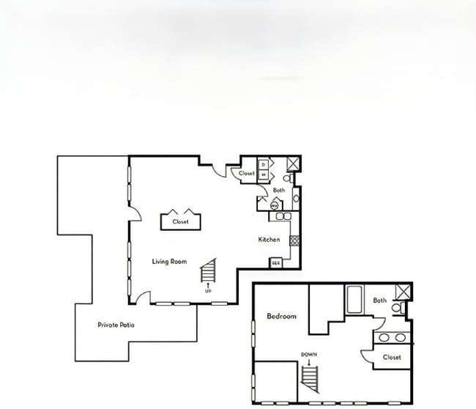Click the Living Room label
pos(169,262)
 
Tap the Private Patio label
pos(116,325)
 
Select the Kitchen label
pos(269,240)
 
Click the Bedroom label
pos(281,317)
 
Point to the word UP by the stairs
pos(209,292)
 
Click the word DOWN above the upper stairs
pos(309,354)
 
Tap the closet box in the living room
pos(181,221)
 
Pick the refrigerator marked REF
pos(276,262)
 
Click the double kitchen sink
pos(283,216)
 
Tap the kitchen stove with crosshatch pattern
pos(294,240)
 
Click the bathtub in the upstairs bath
pos(354,300)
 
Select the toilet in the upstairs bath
pos(397,309)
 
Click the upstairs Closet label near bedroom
pos(392,358)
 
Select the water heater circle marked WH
pos(274,206)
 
